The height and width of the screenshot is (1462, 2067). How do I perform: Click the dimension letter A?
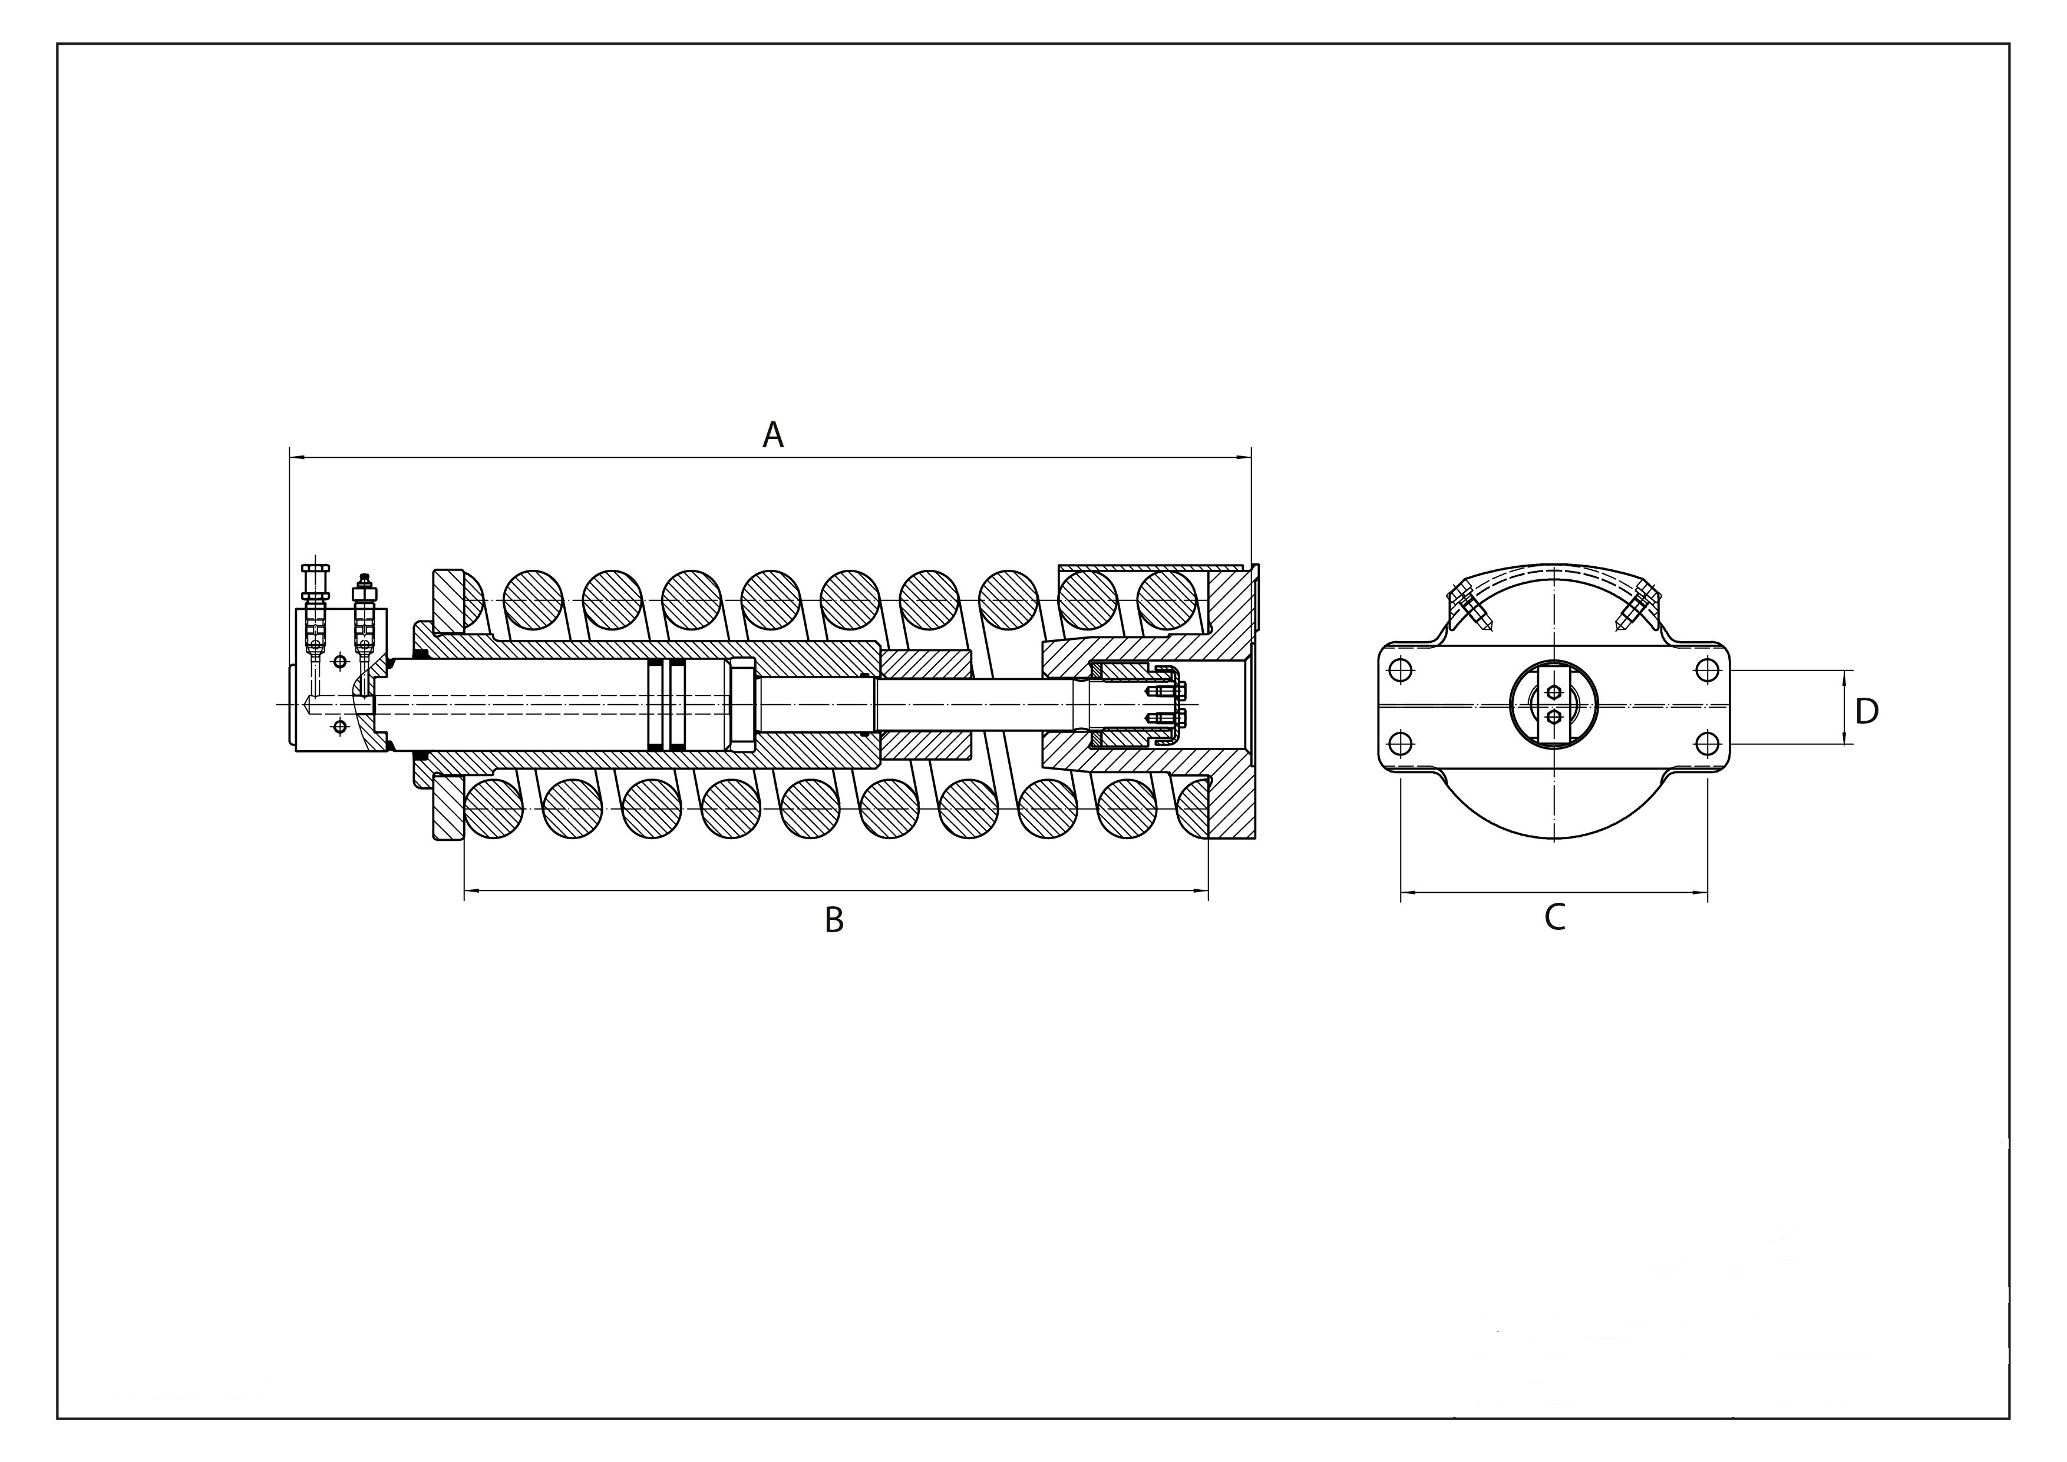(x=772, y=435)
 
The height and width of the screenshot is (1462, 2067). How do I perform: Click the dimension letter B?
(x=834, y=920)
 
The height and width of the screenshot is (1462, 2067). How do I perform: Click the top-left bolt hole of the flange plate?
(x=1400, y=670)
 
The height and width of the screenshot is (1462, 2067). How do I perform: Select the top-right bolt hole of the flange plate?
(x=1707, y=670)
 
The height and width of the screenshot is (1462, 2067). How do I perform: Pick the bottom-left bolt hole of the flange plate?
(x=1400, y=744)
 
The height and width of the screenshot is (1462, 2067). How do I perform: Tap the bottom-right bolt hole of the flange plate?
(x=1707, y=744)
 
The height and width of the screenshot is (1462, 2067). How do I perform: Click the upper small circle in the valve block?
(x=339, y=662)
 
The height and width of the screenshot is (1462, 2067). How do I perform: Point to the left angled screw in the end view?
(x=1468, y=607)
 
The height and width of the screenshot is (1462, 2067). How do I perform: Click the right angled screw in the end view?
(x=1639, y=607)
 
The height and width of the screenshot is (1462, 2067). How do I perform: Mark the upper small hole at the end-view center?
(x=1554, y=691)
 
